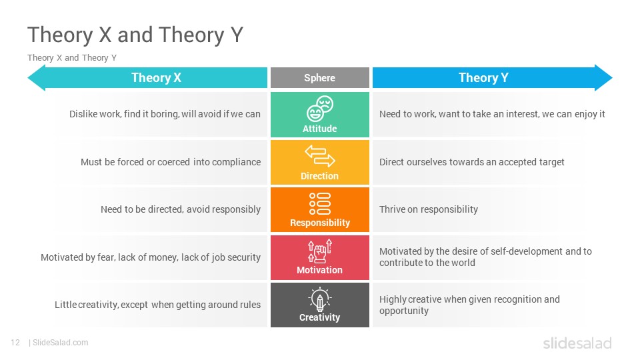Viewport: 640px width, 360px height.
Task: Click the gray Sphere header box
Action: coord(319,77)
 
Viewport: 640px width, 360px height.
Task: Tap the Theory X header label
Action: coord(156,77)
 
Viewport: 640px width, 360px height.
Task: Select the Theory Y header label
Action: coord(483,77)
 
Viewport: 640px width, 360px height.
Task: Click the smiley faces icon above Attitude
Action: coord(319,109)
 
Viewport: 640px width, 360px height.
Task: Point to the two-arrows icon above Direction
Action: coord(319,156)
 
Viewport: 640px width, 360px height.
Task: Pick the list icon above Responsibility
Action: coord(319,203)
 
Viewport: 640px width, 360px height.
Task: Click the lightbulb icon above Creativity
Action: coord(319,299)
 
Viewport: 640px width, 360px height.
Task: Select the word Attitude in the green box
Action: coord(319,129)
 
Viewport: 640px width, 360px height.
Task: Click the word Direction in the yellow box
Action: coord(319,176)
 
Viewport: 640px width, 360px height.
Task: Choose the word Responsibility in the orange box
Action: coord(320,223)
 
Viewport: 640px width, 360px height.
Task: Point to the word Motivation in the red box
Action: coord(319,270)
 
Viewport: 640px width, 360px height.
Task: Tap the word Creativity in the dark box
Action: coord(319,317)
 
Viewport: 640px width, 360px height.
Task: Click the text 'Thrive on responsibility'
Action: coord(429,209)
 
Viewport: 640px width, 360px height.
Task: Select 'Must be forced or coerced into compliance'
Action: coord(171,162)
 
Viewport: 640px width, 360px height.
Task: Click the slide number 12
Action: coord(15,343)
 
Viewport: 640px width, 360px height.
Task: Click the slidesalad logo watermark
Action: coord(577,343)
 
